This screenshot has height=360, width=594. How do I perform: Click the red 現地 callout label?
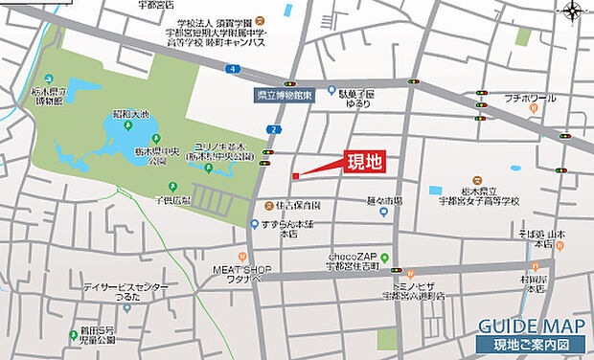coord(364,162)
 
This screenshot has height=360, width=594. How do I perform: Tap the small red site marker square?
coord(296,175)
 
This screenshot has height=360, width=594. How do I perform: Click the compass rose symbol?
coord(573,11)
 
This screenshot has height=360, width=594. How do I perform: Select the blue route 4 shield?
coord(233,69)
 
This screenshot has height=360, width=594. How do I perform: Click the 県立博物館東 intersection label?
coord(285,96)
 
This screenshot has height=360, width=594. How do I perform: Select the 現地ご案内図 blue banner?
coord(530,343)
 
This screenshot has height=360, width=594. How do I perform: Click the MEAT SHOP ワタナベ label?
coord(242,275)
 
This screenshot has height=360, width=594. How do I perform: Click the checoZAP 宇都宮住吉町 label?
coord(358,261)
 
